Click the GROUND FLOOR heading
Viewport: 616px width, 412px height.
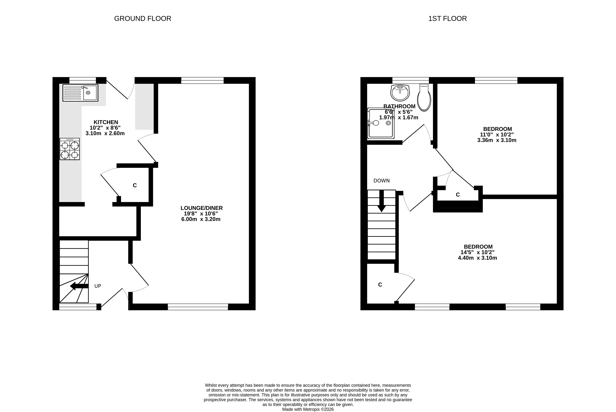[143, 19]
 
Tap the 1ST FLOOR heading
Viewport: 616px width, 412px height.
[447, 19]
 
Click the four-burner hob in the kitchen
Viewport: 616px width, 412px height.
[70, 149]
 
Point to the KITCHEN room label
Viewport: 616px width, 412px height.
[106, 122]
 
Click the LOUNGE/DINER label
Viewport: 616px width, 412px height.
[201, 208]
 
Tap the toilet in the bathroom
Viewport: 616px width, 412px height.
[424, 97]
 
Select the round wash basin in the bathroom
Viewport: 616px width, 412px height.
[400, 93]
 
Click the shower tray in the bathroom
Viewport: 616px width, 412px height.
[381, 123]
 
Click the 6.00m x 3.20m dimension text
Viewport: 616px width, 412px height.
[201, 219]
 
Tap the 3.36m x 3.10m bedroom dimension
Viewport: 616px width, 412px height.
[497, 140]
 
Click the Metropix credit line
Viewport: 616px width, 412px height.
[308, 409]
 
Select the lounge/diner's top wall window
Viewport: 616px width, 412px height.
[202, 80]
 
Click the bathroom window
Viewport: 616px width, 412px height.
[411, 80]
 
